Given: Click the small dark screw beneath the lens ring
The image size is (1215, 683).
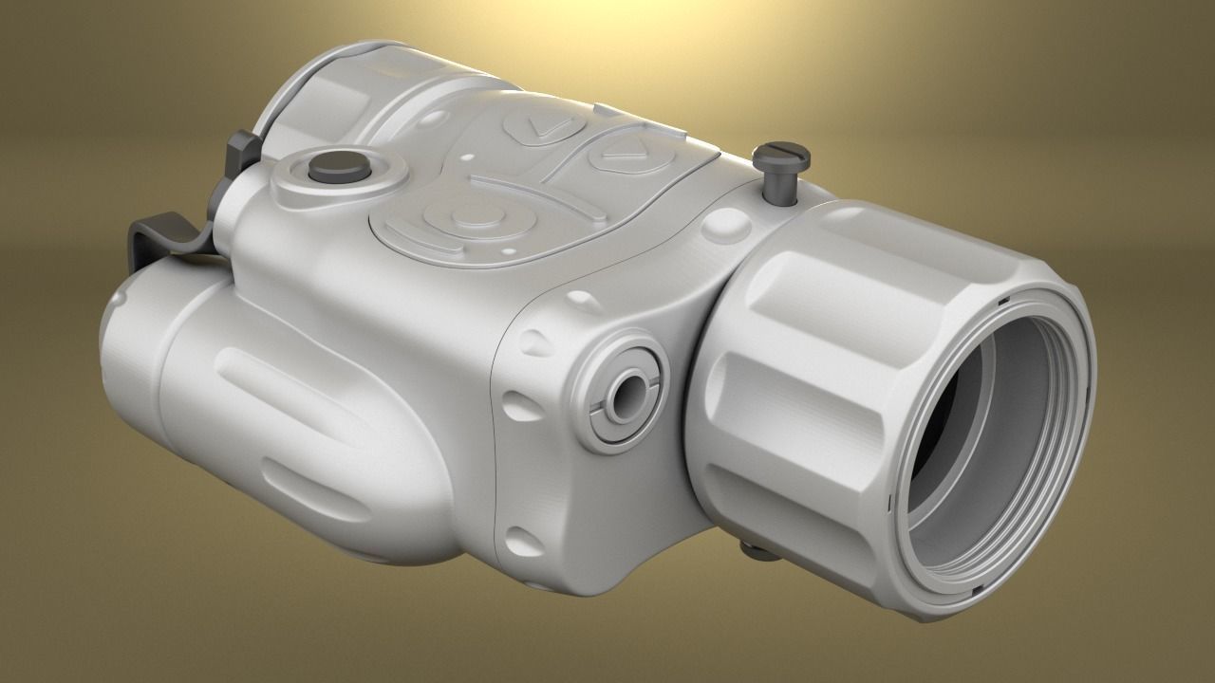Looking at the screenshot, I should tap(752, 548).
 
